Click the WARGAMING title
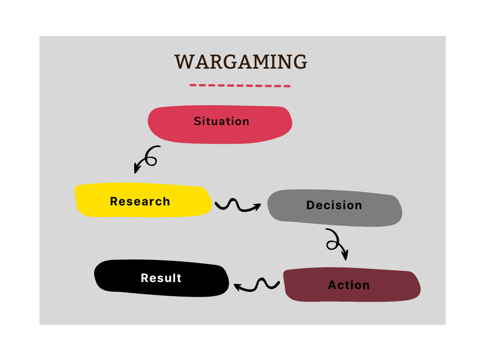(241, 62)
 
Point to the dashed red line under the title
(240, 86)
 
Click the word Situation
(221, 121)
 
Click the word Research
(140, 202)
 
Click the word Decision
(334, 205)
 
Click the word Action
(349, 285)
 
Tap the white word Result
(161, 278)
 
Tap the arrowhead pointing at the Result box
(237, 286)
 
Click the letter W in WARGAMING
(184, 62)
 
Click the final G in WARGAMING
(299, 62)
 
